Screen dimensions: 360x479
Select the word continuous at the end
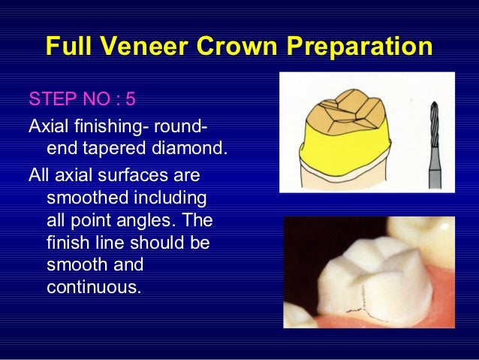point(93,286)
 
